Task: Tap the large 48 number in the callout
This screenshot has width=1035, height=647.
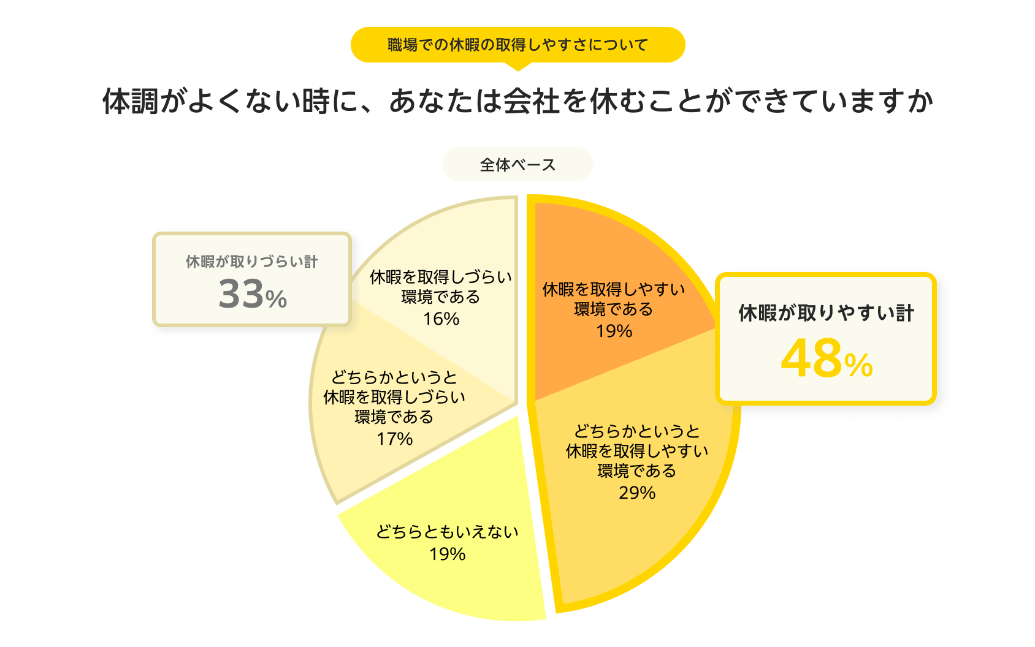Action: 811,358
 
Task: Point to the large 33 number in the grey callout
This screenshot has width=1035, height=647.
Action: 241,294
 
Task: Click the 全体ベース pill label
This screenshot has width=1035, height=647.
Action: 517,165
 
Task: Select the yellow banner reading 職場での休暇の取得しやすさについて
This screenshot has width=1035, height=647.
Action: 517,45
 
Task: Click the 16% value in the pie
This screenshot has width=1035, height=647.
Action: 441,319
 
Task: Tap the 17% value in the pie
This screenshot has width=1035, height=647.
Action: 394,439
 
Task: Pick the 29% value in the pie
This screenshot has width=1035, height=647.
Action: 637,493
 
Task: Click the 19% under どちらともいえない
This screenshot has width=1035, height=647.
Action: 447,554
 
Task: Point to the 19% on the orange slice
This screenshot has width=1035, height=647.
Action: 614,331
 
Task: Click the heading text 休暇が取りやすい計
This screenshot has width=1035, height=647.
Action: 826,313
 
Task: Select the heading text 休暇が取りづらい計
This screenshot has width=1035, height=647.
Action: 251,262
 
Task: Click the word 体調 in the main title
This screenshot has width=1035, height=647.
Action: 130,102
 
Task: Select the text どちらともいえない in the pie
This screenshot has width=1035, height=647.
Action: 447,532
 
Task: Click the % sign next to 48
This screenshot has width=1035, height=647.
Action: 858,365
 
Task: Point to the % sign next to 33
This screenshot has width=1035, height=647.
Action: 276,300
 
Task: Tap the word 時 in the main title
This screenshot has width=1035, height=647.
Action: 316,102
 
